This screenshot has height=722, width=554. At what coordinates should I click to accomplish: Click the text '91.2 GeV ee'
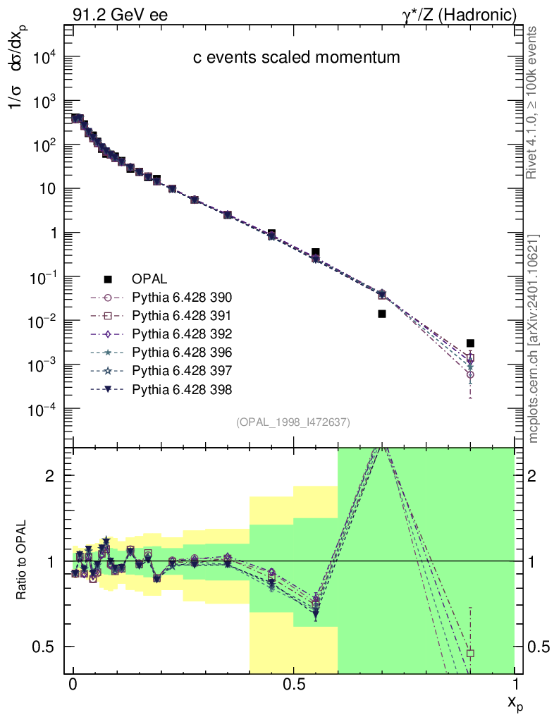tap(120, 15)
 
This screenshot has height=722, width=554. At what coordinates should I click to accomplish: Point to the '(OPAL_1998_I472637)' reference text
tap(293, 422)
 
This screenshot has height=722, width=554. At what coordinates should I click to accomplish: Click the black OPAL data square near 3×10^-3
tap(470, 343)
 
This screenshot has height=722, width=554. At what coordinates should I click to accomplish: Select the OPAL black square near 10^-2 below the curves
tap(382, 314)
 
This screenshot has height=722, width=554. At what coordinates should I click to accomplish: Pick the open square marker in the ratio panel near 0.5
tap(470, 653)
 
